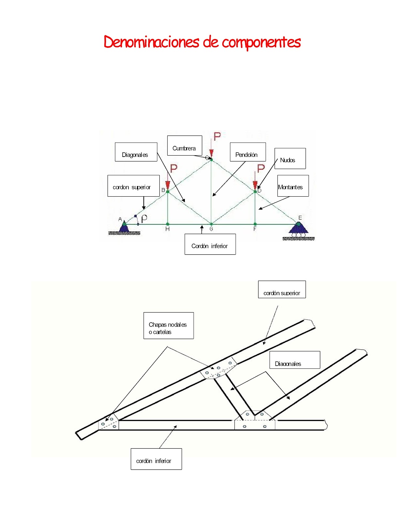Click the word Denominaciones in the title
coord(151,42)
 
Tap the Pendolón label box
coord(247,152)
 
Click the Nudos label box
coord(290,159)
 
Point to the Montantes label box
coord(292,186)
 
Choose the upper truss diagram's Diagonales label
coord(136,152)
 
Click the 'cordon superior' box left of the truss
coord(133,186)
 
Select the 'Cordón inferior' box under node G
coord(210,244)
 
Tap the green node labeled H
coord(168,224)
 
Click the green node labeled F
coord(255,224)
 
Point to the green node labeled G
coord(211,224)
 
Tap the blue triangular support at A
coord(124,227)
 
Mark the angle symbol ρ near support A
coord(144,218)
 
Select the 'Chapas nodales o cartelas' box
coord(169,326)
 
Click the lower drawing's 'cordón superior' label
coord(282,289)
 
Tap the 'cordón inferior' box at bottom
coord(156,459)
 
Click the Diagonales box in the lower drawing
coord(295,360)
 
